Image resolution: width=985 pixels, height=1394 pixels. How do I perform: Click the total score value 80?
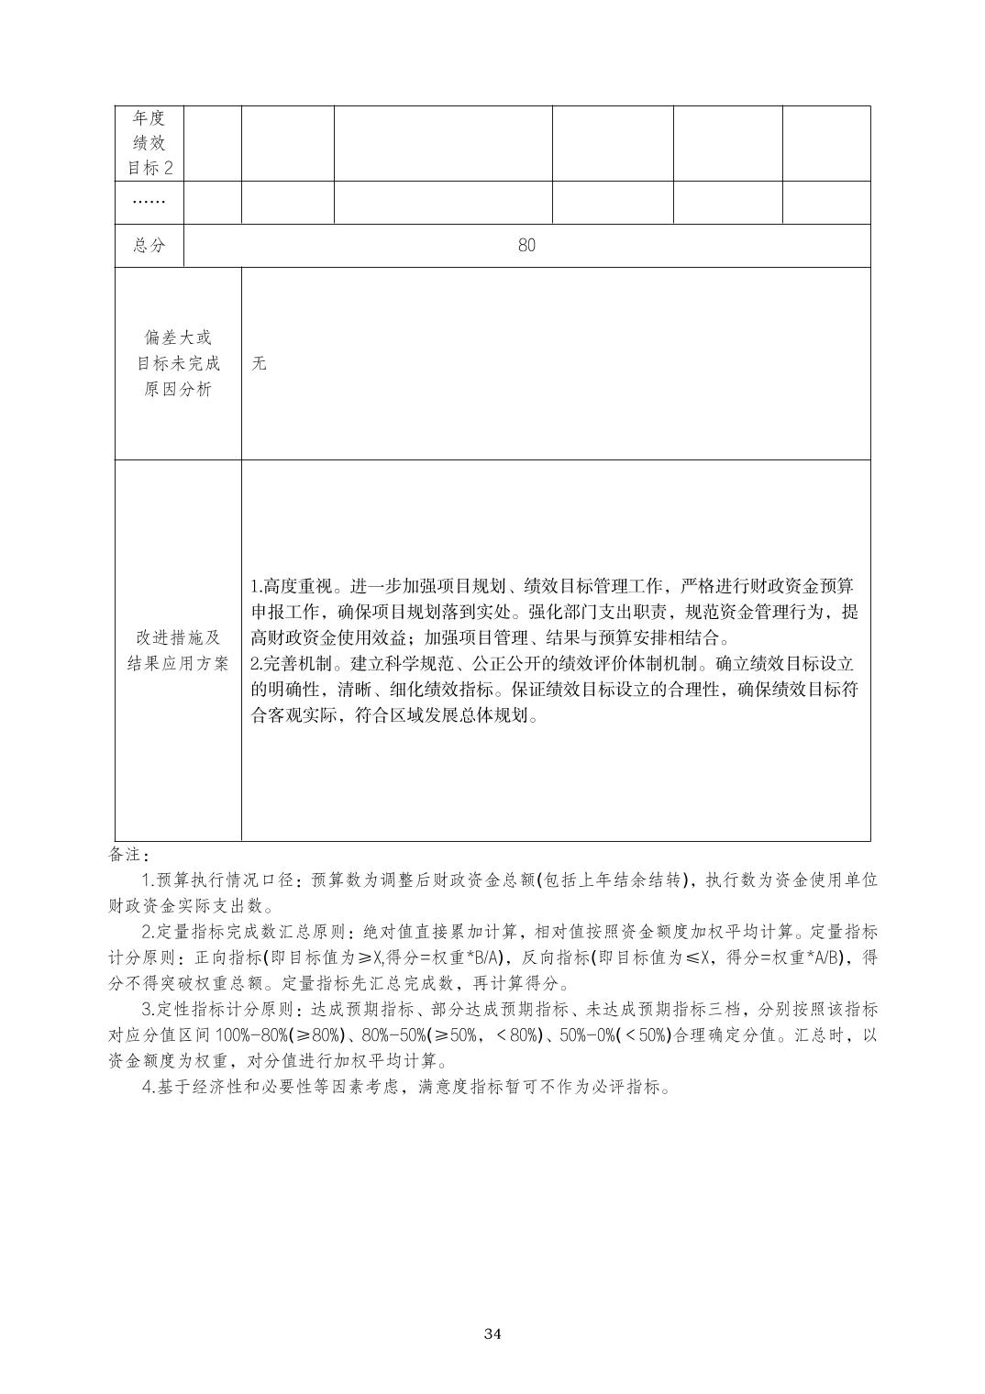(x=526, y=246)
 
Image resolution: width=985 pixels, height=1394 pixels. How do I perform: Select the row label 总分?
(x=149, y=246)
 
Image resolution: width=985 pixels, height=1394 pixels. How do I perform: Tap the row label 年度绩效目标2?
(x=149, y=143)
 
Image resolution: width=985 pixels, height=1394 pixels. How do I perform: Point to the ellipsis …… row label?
(x=149, y=202)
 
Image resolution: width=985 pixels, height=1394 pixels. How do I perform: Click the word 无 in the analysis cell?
(x=260, y=363)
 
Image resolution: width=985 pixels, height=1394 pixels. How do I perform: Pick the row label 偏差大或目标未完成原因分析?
(x=178, y=363)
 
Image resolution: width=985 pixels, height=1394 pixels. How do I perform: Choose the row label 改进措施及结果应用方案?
(x=178, y=650)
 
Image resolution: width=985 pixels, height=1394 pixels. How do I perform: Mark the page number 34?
(x=492, y=1333)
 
